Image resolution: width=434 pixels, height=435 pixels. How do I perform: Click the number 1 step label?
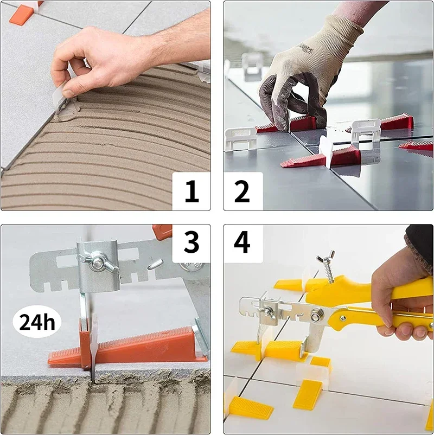pos(192,191)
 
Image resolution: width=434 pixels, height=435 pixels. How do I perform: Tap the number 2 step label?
pos(242,191)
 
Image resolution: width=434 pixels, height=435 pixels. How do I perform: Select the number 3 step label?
pos(192,242)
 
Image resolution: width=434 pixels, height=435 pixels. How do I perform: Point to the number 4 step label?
pos(242,242)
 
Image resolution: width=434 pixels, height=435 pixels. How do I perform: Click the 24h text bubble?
pos(37,322)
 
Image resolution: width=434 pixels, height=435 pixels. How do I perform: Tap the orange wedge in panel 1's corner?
pos(22,15)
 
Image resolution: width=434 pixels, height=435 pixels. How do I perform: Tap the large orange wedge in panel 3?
pos(127,346)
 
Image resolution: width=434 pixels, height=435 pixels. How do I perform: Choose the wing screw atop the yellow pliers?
pos(327,265)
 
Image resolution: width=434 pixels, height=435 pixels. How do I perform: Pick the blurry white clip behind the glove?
pos(252,66)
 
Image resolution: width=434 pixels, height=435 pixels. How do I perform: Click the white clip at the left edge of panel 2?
pos(240,139)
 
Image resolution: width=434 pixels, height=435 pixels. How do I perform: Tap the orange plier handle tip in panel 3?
pos(162,232)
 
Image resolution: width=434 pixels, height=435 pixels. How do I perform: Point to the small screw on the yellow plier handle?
pos(343,318)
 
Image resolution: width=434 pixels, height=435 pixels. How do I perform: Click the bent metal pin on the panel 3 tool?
pos(155,264)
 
